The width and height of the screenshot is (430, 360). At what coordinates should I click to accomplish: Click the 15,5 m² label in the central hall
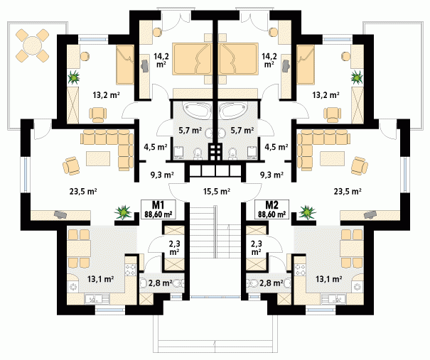tap(216, 191)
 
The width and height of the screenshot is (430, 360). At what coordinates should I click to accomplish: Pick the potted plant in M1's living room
tap(124, 212)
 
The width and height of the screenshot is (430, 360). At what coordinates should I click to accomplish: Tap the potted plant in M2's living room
tap(308, 212)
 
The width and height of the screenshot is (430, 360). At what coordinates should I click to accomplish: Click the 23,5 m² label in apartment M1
tap(82, 190)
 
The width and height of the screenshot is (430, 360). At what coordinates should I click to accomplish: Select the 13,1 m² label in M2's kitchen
tap(328, 279)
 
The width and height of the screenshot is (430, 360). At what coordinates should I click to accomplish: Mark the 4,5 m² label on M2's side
tap(276, 148)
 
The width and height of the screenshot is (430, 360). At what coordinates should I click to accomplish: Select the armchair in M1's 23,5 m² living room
tap(72, 165)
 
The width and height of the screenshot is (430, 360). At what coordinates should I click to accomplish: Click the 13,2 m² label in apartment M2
tap(326, 94)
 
